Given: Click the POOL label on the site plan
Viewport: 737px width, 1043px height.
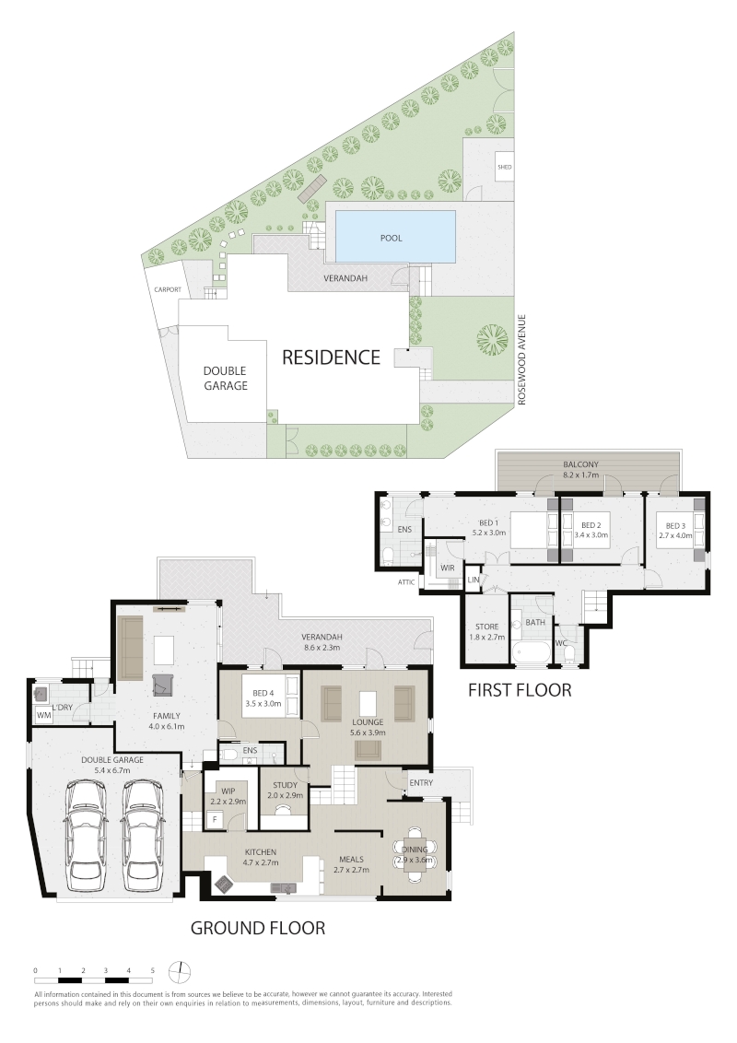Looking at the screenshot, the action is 392,238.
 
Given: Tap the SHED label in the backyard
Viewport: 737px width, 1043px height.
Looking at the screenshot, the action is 504,167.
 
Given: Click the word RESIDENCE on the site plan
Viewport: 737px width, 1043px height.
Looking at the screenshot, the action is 331,357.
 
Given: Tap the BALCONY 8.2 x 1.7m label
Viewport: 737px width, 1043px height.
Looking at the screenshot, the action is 580,470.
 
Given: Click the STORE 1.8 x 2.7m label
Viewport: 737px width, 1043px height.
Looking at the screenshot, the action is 487,631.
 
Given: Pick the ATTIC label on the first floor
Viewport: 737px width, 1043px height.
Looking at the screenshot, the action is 405,582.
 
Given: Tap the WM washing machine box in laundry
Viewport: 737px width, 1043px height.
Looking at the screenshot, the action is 44,716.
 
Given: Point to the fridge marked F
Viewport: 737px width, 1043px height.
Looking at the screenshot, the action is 215,820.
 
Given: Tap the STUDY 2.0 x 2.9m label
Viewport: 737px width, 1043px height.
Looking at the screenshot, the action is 285,791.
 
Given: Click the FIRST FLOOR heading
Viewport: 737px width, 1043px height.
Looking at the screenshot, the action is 520,690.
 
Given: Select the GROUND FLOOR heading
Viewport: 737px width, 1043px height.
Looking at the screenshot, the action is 258,928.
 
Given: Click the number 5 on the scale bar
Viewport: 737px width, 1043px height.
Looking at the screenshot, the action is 152,970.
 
